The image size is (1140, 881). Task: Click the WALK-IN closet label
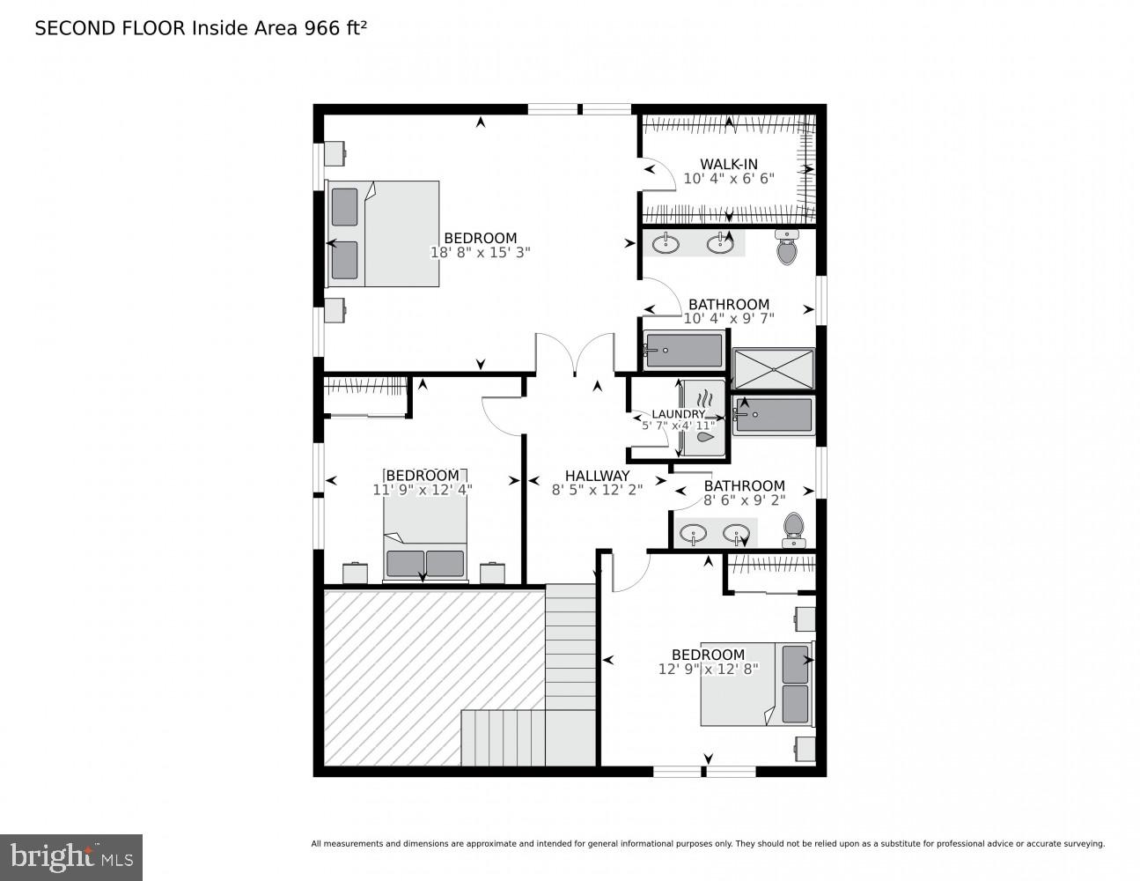(728, 164)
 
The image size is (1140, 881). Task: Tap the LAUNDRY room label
(678, 414)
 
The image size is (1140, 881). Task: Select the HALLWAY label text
(597, 476)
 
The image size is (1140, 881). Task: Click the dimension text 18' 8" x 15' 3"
(480, 252)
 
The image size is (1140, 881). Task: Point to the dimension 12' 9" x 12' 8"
(708, 669)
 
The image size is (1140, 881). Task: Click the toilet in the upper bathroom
(787, 248)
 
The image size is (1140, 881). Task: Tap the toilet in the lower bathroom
(794, 529)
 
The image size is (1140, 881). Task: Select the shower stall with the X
(774, 368)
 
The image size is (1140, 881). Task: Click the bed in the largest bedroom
(383, 233)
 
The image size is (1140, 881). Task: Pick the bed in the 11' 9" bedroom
(425, 551)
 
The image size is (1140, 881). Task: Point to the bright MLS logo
(71, 856)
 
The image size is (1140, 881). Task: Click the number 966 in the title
(322, 28)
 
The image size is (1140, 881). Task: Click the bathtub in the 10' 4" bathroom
(683, 351)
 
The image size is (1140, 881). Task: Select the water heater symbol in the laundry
(705, 418)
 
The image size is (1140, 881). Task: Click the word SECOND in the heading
(67, 28)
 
